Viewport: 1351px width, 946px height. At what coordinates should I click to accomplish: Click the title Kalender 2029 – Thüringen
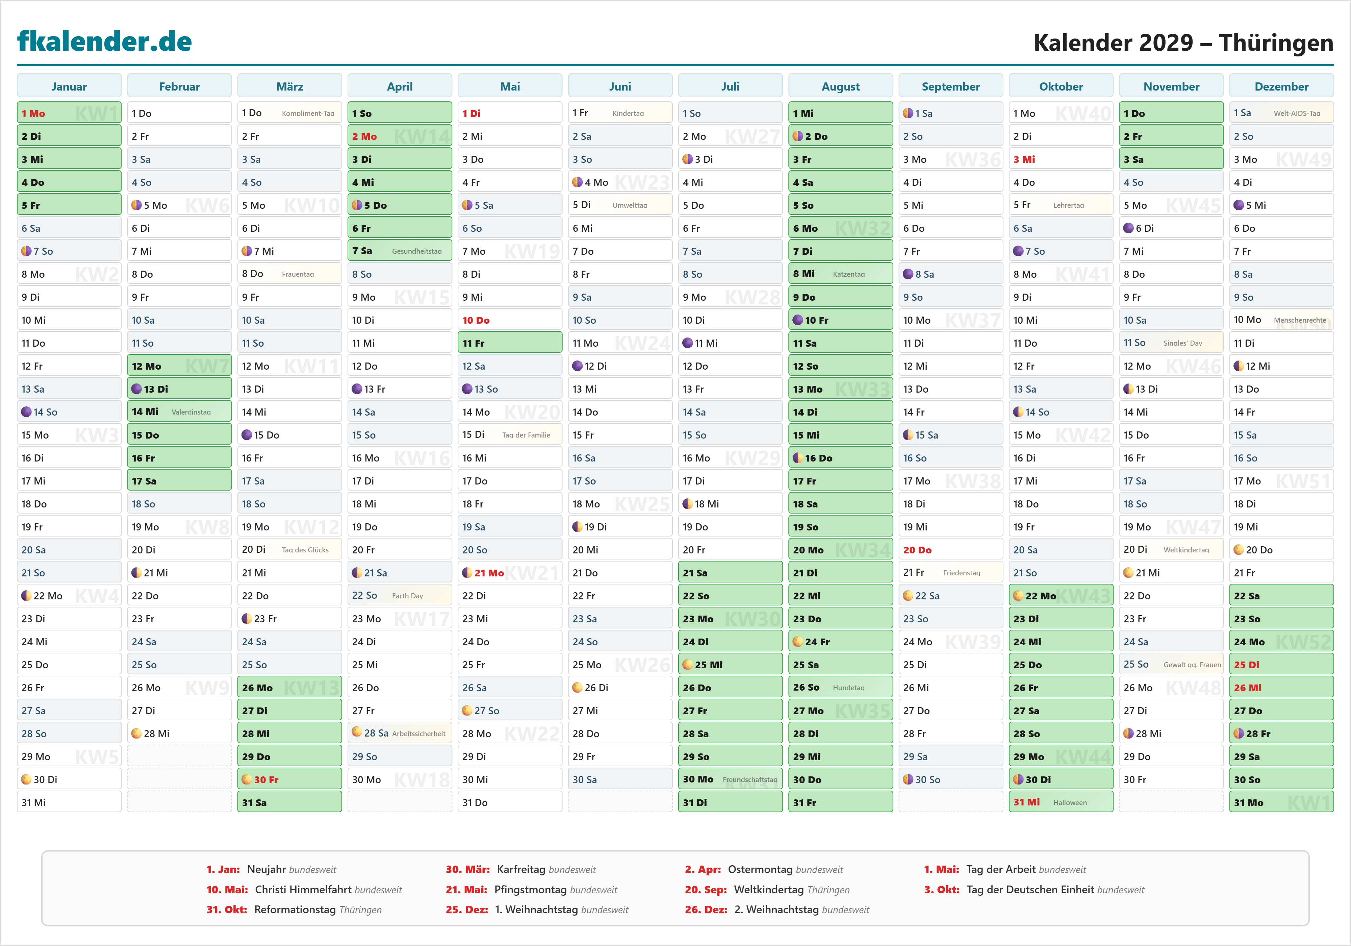tap(1183, 42)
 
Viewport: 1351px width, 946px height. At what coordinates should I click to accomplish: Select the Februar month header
tap(179, 86)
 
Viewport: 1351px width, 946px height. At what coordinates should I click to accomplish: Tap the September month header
tap(950, 86)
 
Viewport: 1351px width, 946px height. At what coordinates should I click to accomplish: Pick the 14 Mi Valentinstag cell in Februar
tap(179, 412)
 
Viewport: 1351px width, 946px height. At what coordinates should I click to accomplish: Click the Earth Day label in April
tap(407, 596)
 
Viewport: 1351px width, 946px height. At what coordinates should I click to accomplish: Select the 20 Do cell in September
tap(950, 550)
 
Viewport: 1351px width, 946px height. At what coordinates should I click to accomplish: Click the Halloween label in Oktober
tap(1070, 802)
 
